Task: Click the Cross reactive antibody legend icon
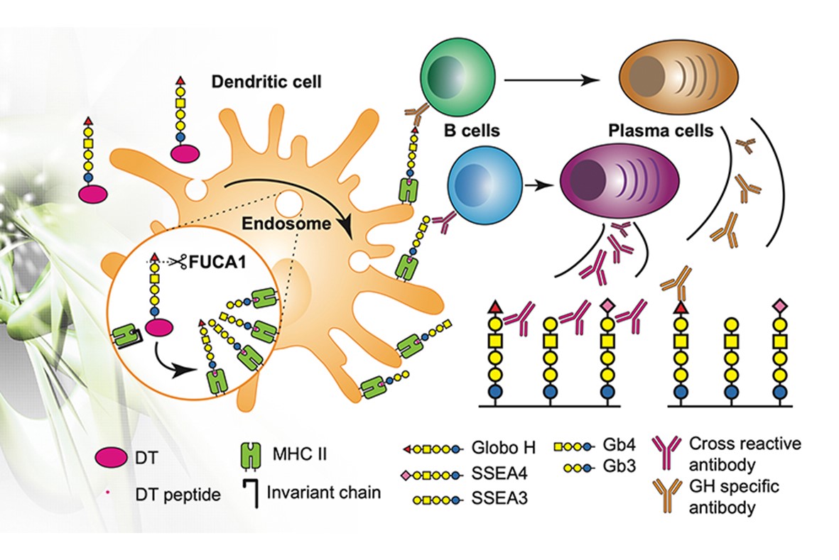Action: (x=670, y=452)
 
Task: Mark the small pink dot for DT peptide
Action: (x=110, y=492)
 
